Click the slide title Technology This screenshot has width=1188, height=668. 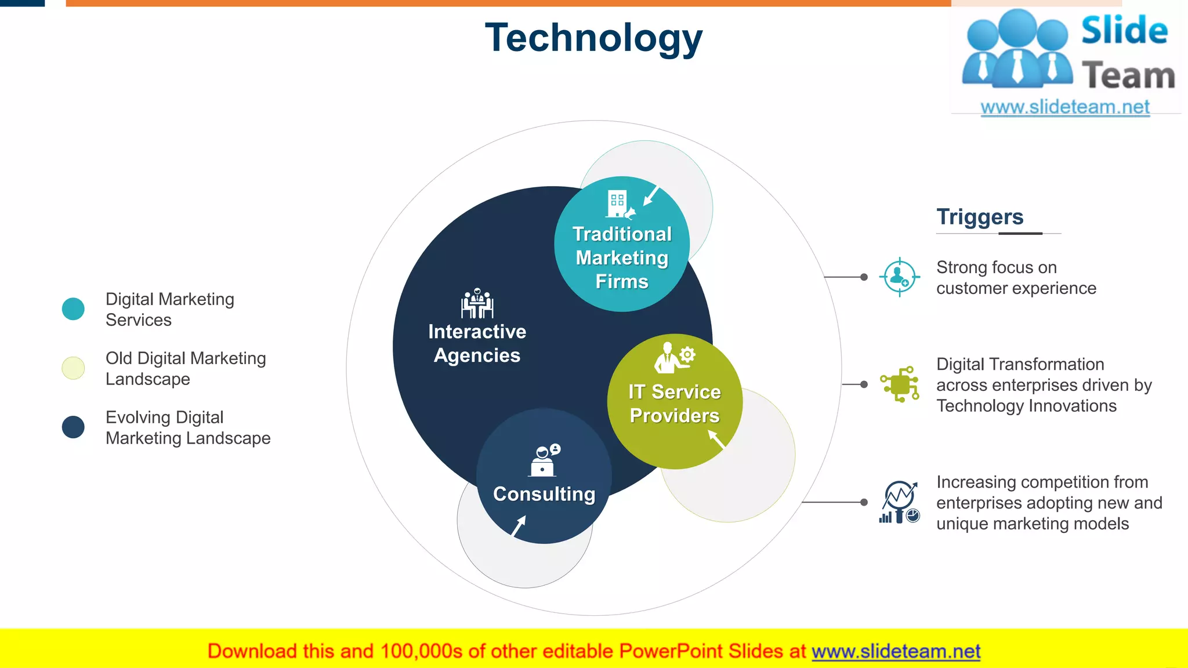(593, 38)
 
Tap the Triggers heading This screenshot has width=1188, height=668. (980, 217)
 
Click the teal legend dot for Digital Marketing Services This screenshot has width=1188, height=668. (73, 309)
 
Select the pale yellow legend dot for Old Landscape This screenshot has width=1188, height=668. (73, 368)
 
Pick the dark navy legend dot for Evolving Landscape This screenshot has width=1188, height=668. (73, 427)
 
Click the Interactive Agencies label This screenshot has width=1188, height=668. (477, 343)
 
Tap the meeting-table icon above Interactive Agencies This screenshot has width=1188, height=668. (477, 303)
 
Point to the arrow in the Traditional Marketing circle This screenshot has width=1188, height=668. (651, 195)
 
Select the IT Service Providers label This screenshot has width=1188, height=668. (675, 404)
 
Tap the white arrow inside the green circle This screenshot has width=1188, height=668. (716, 440)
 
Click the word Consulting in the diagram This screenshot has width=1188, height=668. (544, 494)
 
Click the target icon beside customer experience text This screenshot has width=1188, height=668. (899, 277)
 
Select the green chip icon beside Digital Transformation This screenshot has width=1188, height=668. (900, 384)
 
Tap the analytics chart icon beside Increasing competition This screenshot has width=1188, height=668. (899, 502)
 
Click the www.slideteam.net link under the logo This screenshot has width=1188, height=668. (1065, 107)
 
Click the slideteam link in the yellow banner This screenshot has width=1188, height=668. (896, 652)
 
